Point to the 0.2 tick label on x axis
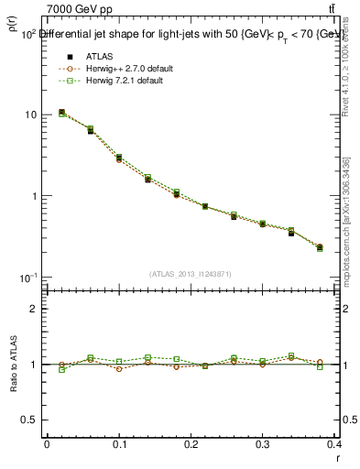tap(191, 444)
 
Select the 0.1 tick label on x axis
tap(118, 444)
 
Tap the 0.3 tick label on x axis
tap(263, 444)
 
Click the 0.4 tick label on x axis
tap(333, 444)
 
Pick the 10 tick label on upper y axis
tap(30, 115)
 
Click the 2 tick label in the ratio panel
tap(34, 309)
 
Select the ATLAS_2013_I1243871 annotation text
tap(191, 274)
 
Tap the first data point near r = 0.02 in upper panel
tap(61, 113)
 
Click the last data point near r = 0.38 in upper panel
tap(320, 247)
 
